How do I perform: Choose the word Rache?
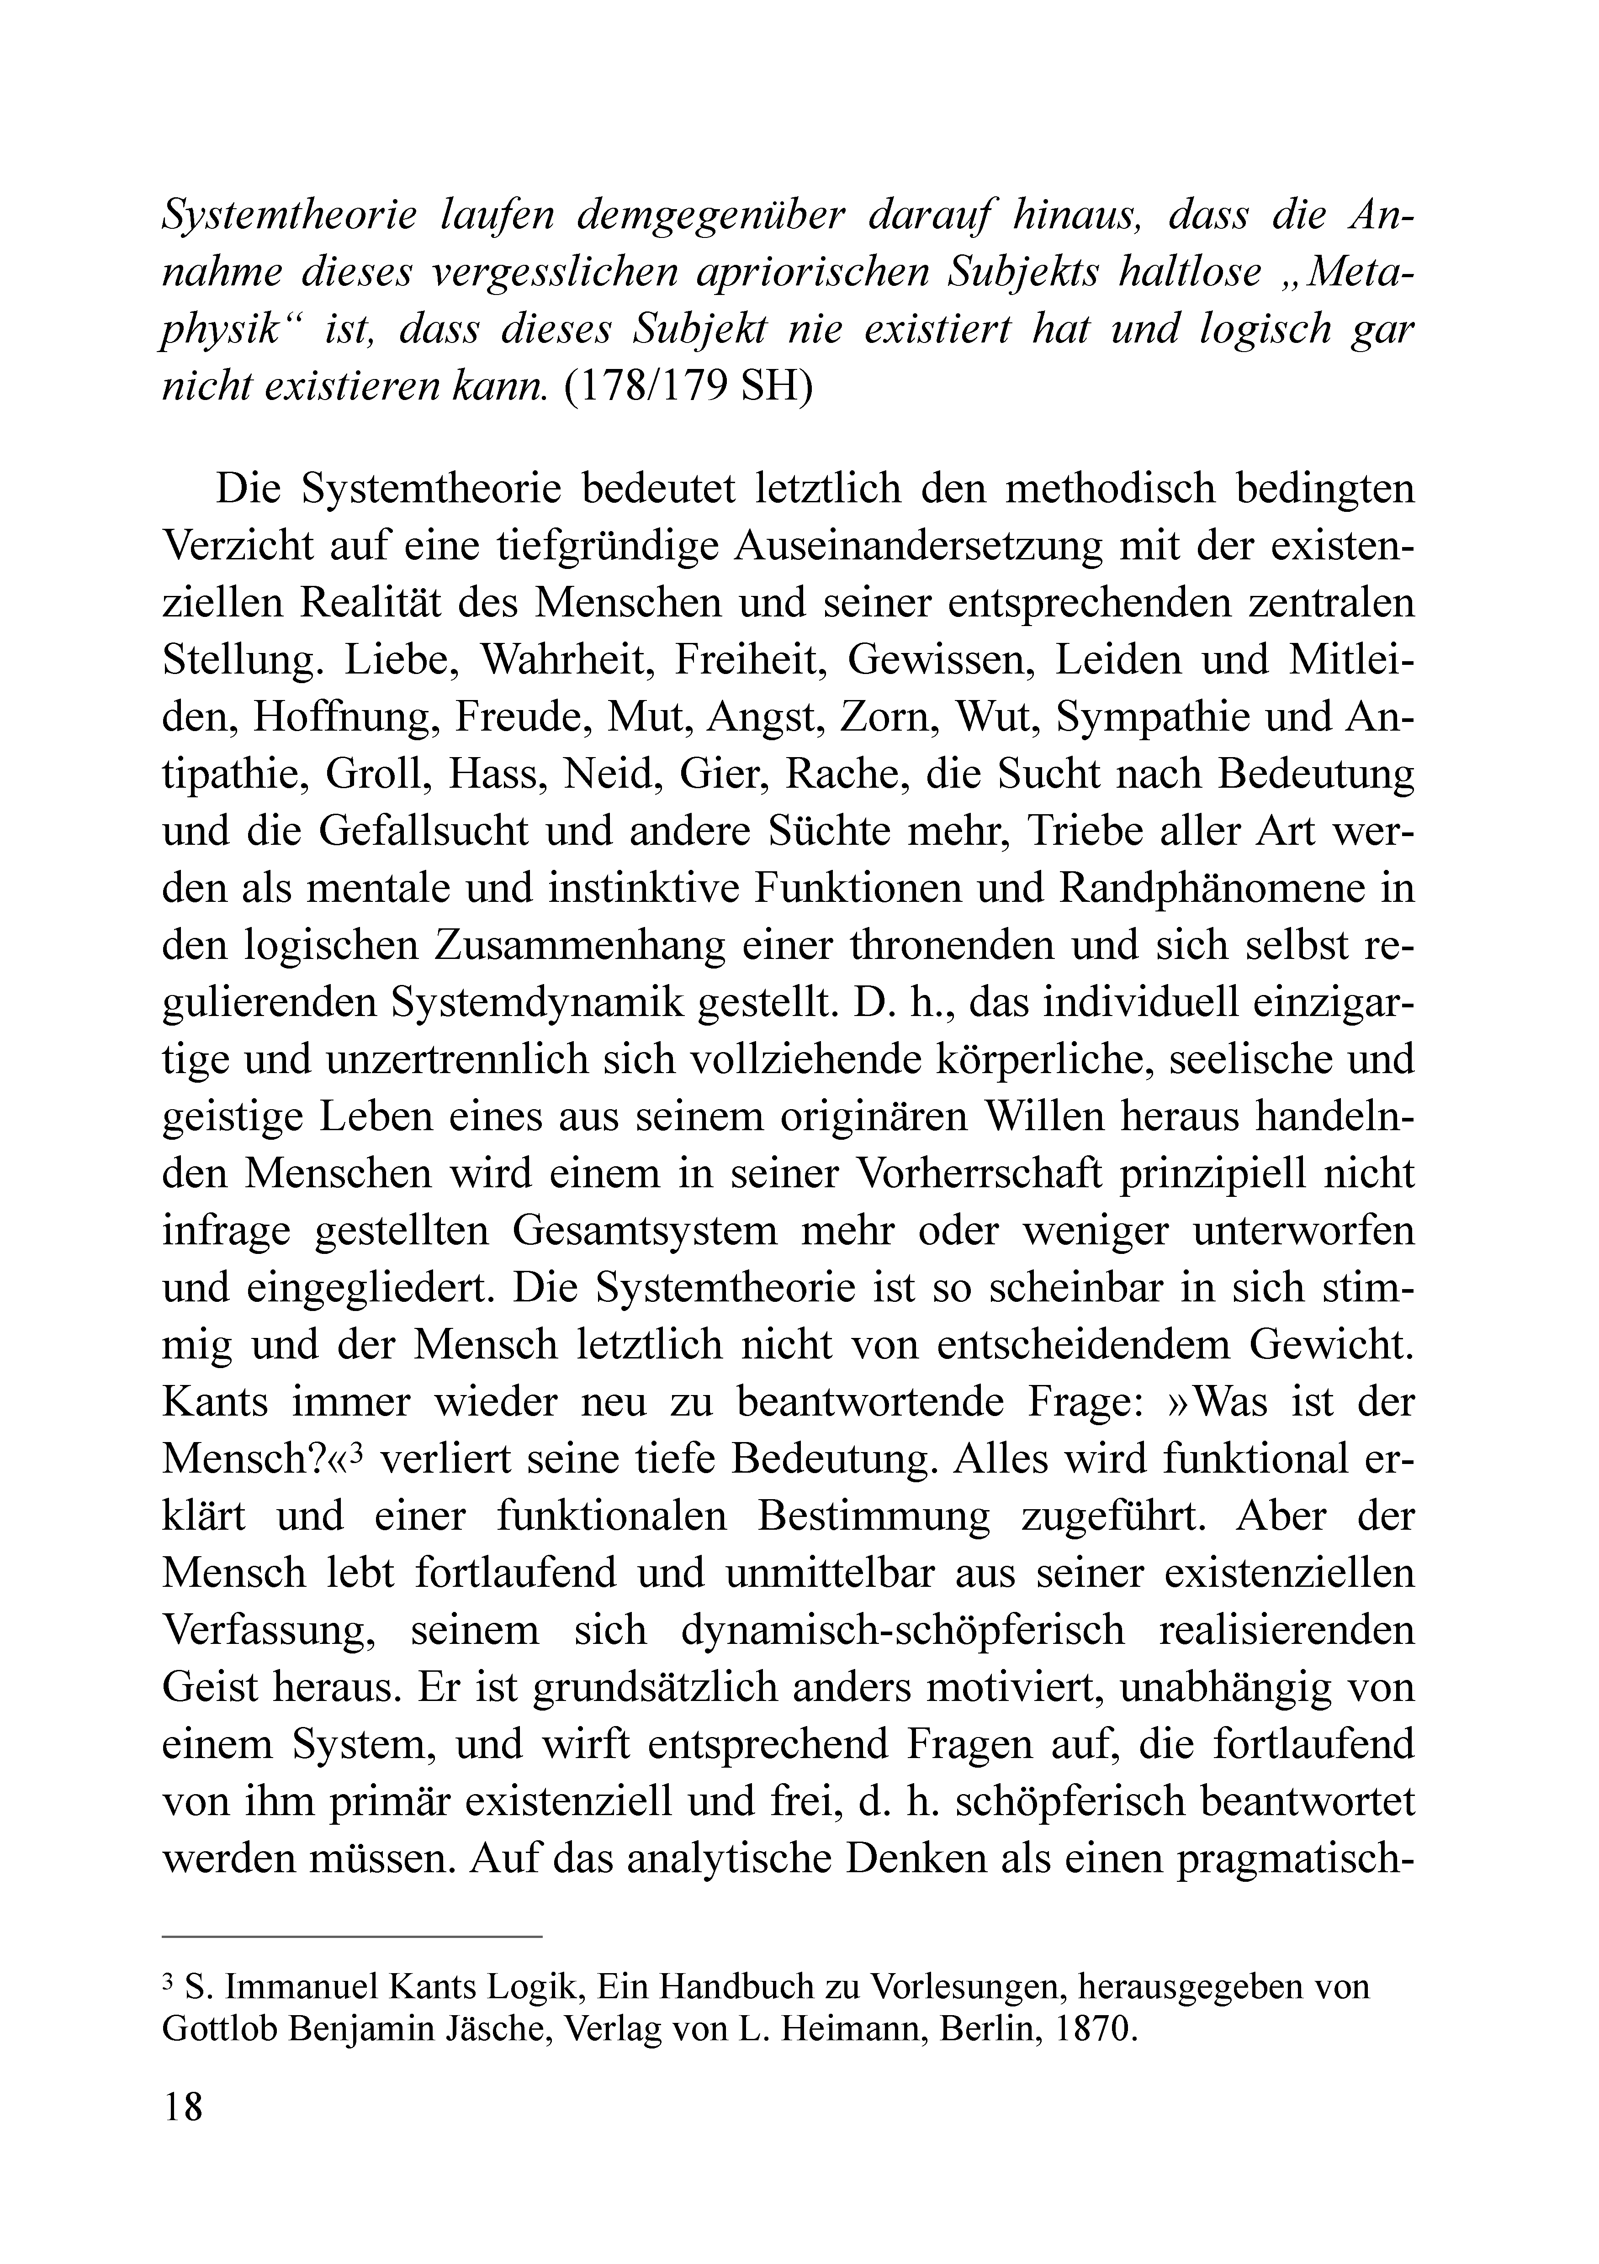point(845,774)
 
